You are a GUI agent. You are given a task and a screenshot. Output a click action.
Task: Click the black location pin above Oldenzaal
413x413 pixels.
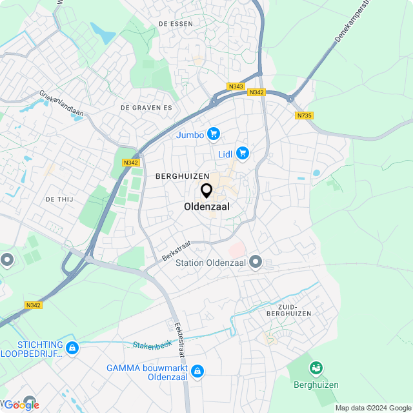206,191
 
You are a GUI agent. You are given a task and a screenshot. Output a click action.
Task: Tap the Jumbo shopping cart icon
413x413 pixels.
214,134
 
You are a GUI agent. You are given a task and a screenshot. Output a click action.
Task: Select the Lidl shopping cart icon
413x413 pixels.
243,153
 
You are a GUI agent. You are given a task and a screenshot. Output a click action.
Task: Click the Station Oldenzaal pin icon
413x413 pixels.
256,262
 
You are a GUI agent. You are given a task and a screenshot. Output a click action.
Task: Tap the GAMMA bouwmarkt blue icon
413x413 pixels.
197,372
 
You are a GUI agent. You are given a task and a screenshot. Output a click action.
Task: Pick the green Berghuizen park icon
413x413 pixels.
316,368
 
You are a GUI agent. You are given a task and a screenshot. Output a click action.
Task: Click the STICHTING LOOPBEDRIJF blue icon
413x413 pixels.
72,348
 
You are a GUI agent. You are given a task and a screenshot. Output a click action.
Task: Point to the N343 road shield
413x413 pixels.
236,86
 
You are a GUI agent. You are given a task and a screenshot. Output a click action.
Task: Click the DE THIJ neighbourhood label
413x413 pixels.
59,199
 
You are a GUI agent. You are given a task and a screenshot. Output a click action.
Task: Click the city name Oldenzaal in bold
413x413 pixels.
206,207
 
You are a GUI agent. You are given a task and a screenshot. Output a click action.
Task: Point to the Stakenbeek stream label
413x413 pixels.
151,346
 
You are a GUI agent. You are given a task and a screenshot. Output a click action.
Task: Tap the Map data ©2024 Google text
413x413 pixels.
373,408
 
